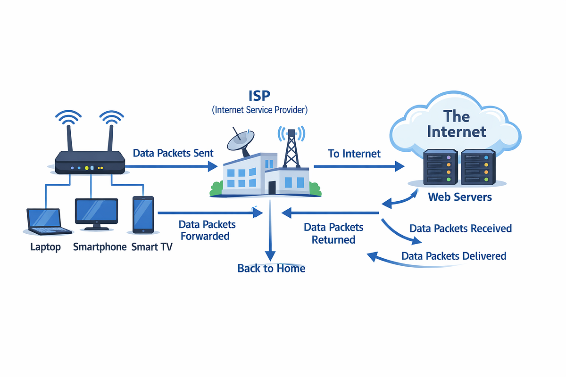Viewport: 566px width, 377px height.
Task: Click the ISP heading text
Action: tap(259, 96)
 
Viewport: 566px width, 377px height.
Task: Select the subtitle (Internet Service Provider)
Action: tap(259, 110)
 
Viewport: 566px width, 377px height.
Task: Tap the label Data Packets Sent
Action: tap(173, 153)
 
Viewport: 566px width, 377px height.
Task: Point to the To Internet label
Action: tap(354, 154)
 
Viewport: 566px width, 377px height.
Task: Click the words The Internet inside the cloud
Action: tap(457, 124)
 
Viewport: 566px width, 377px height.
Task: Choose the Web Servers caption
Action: tap(460, 197)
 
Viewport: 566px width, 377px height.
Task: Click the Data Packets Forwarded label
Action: tap(207, 230)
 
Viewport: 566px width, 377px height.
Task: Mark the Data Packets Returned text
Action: tap(333, 234)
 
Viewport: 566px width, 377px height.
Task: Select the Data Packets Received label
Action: tap(461, 228)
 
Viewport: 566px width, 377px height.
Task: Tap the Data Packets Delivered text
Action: tap(454, 256)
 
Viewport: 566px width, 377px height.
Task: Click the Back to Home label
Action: tap(271, 268)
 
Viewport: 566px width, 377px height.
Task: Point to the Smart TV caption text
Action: tap(152, 247)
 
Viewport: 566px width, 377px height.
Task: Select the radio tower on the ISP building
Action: tap(291, 148)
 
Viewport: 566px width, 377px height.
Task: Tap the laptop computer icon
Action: tap(48, 221)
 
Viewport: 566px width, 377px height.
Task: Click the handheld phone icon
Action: tap(143, 214)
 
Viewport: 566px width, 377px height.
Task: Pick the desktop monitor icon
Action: tap(96, 214)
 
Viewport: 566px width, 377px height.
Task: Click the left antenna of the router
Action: tap(69, 138)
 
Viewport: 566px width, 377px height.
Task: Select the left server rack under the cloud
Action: tap(440, 167)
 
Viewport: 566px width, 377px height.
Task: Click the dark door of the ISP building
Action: tap(272, 188)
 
